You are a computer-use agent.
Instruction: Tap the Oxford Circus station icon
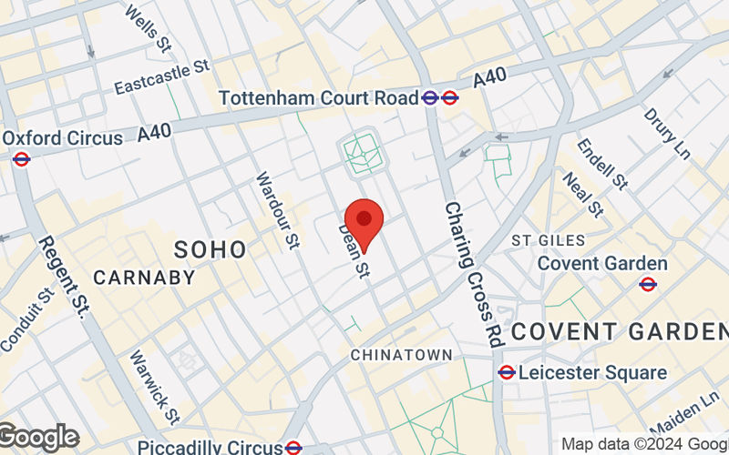[x=22, y=159]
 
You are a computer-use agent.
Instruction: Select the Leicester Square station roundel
[x=507, y=372]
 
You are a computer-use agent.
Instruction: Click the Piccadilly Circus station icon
[x=293, y=447]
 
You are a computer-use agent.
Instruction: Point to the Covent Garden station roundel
[x=648, y=284]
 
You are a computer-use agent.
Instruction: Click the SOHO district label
[x=210, y=249]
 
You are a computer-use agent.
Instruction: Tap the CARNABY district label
[x=144, y=278]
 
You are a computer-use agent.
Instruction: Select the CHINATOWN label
[x=401, y=353]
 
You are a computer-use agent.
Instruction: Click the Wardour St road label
[x=277, y=210]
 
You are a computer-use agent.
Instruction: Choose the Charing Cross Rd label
[x=474, y=273]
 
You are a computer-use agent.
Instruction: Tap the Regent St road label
[x=61, y=277]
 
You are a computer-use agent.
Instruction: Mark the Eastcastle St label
[x=163, y=77]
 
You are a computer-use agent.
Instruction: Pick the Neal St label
[x=583, y=195]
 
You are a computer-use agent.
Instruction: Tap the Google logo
[x=38, y=438]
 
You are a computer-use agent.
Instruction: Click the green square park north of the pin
[x=363, y=153]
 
